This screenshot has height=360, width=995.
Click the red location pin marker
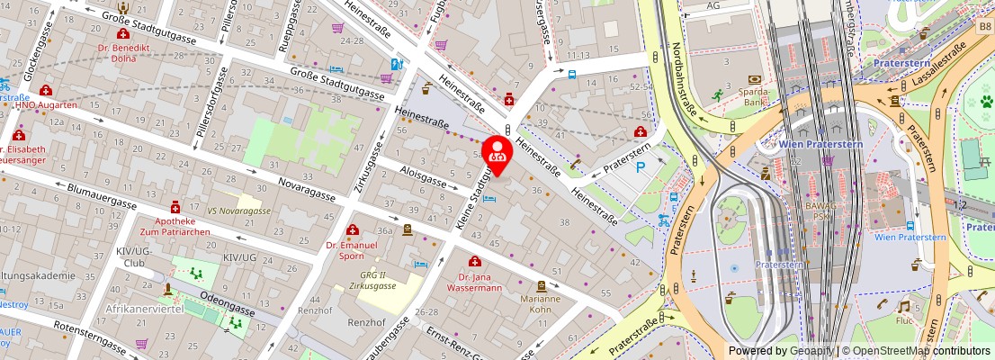click(497, 151)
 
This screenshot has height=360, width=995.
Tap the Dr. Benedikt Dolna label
click(123, 51)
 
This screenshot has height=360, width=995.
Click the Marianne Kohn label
click(541, 304)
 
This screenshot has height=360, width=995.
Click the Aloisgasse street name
click(422, 175)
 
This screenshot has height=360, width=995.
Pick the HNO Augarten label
click(45, 104)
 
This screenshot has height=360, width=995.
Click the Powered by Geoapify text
click(780, 351)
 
